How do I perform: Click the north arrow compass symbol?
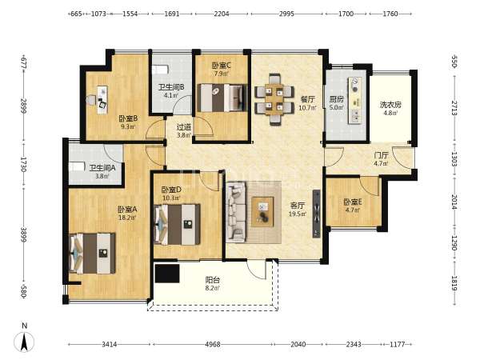24,342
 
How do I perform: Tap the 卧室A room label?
127,210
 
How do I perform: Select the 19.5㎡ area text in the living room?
298,214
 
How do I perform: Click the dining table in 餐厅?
274,99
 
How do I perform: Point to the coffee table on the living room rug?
262,212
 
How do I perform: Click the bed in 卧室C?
222,98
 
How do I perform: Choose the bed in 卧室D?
178,224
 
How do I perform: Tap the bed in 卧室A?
93,254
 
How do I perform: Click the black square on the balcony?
167,274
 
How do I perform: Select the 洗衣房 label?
390,105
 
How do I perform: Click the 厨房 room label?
336,99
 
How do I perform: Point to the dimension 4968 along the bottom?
213,344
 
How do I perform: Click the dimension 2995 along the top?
286,14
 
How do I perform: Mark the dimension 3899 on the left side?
24,234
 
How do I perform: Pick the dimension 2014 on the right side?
454,202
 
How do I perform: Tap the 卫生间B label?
171,87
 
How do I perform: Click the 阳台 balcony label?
213,280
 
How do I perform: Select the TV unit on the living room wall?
317,214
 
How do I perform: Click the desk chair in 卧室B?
103,104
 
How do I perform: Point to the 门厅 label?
381,155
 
